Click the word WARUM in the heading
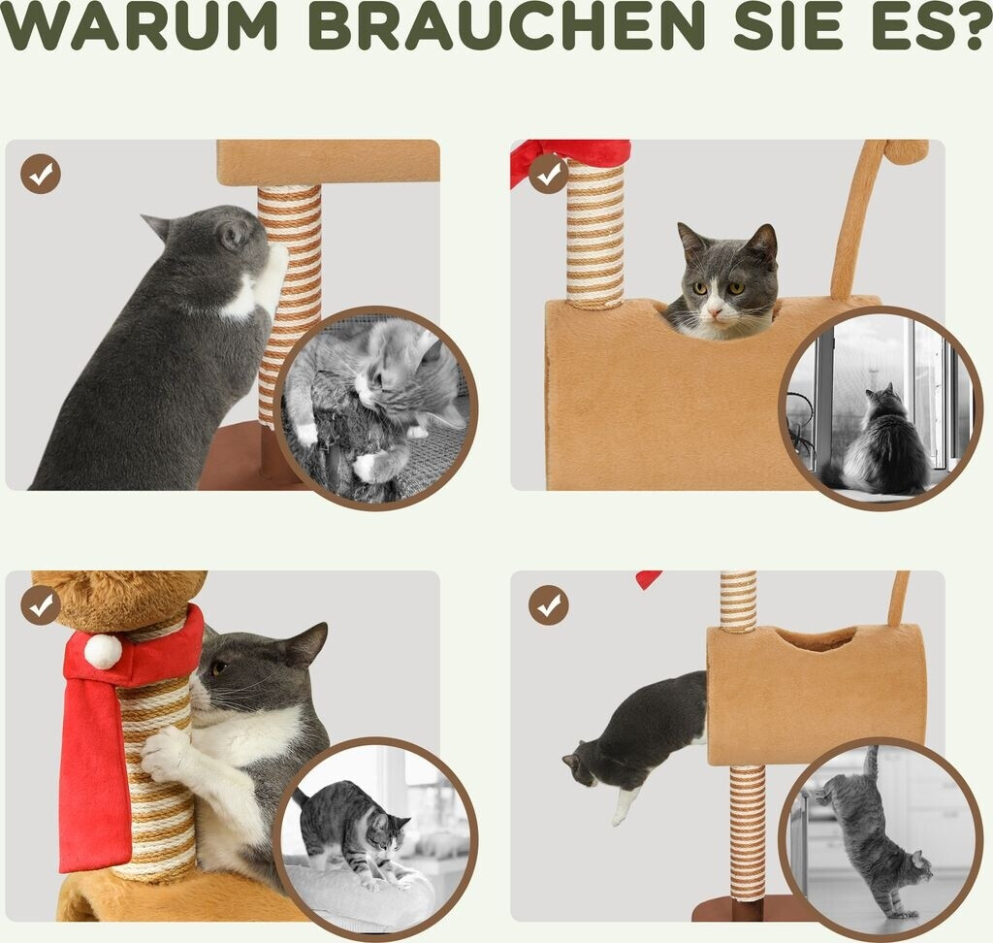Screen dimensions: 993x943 tap(140, 26)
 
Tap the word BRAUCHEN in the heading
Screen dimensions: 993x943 tap(506, 26)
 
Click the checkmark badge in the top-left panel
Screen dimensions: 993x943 tap(41, 173)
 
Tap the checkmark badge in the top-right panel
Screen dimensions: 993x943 tap(549, 173)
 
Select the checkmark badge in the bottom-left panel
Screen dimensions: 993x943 tap(41, 605)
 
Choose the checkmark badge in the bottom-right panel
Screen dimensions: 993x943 tap(549, 605)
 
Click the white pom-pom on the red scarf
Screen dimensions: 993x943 tap(103, 651)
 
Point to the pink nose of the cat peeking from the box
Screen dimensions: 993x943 tap(715, 311)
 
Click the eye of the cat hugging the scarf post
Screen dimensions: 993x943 tap(218, 667)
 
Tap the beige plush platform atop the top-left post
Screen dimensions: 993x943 tap(328, 162)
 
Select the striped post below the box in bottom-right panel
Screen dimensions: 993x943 tap(748, 831)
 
